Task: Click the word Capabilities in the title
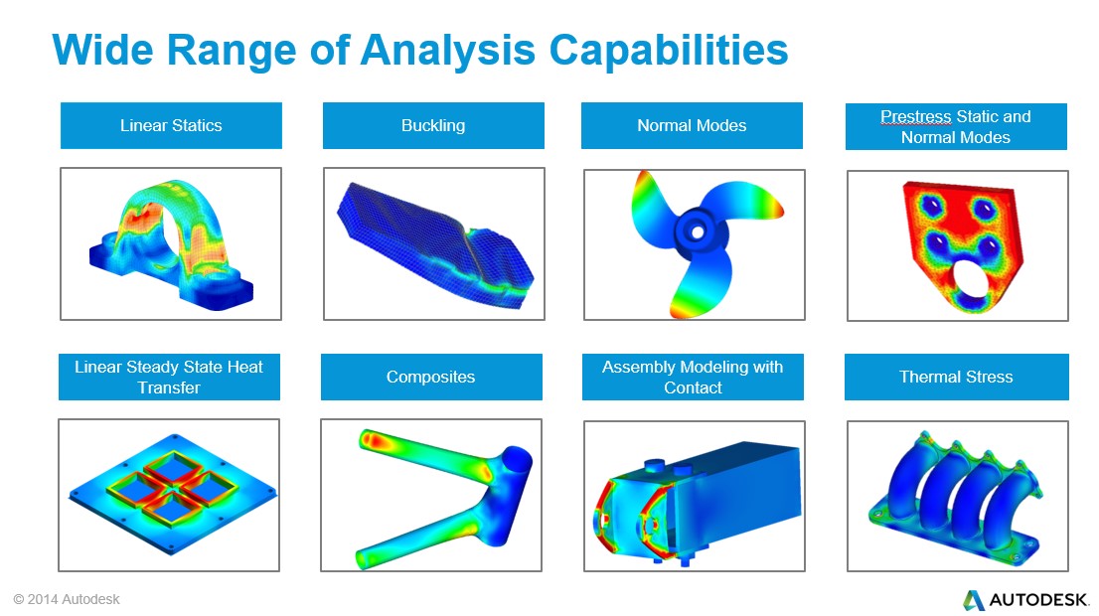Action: pyautogui.click(x=669, y=51)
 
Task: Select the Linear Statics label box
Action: pyautogui.click(x=171, y=125)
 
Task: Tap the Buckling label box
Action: pyautogui.click(x=433, y=125)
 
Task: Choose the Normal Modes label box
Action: pyautogui.click(x=692, y=125)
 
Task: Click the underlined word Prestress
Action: pyautogui.click(x=916, y=116)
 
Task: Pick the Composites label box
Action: pyautogui.click(x=431, y=377)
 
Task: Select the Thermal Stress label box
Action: pyautogui.click(x=957, y=377)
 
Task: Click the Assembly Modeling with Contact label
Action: pyautogui.click(x=693, y=377)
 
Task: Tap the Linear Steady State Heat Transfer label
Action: pyautogui.click(x=169, y=377)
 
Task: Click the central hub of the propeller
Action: pyautogui.click(x=696, y=231)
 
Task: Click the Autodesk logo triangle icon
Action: pyautogui.click(x=973, y=600)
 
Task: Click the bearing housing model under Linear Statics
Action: pyautogui.click(x=172, y=245)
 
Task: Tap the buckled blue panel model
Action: pyautogui.click(x=434, y=244)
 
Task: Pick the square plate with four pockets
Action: pyautogui.click(x=173, y=494)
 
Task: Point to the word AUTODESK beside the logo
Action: pyautogui.click(x=1038, y=600)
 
